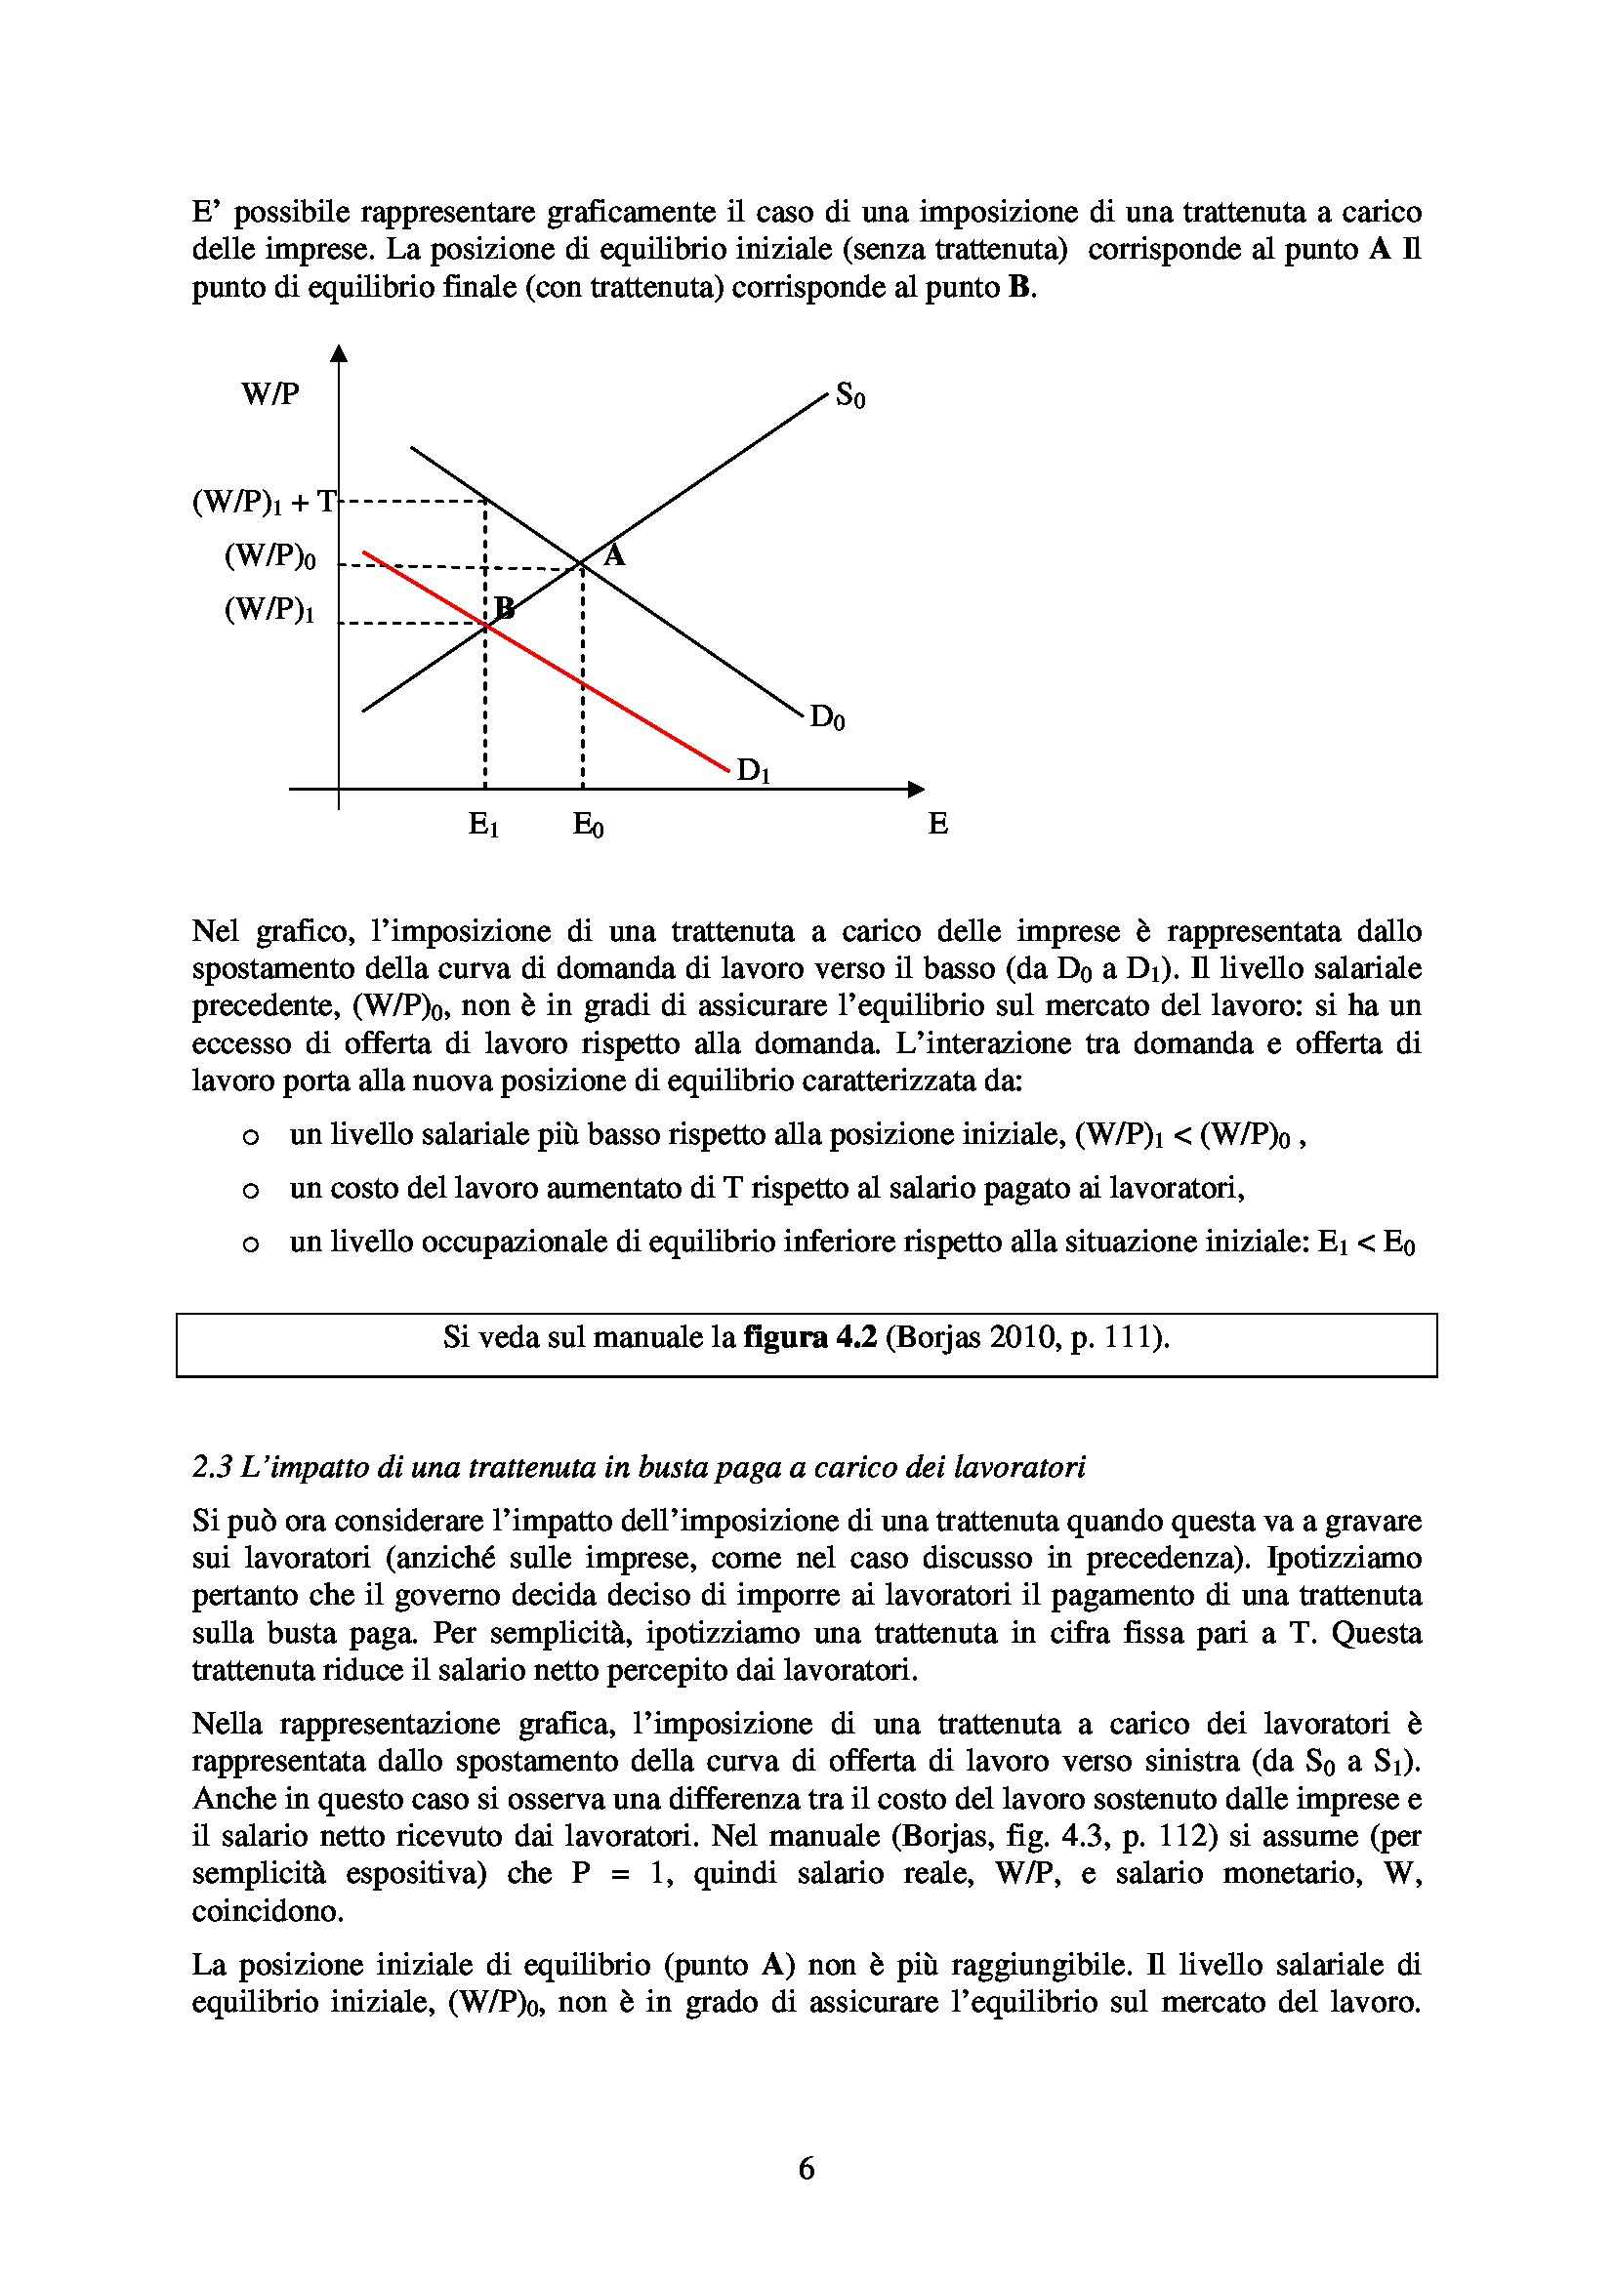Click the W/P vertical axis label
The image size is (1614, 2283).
coord(269,394)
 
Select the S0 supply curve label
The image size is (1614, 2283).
coord(850,395)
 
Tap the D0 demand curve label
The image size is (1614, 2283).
coord(827,717)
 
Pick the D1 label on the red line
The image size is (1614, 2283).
coord(753,771)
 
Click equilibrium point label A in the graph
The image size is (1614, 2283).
coord(614,554)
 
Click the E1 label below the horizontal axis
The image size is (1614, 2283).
coord(483,825)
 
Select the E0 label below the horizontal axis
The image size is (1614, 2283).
coord(588,825)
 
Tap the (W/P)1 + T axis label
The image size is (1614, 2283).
coord(264,503)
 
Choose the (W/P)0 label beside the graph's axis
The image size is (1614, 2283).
coord(269,556)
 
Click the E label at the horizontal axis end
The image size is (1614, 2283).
coord(937,824)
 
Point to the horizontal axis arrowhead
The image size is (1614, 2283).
coord(915,790)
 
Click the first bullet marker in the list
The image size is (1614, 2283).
coord(251,1136)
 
